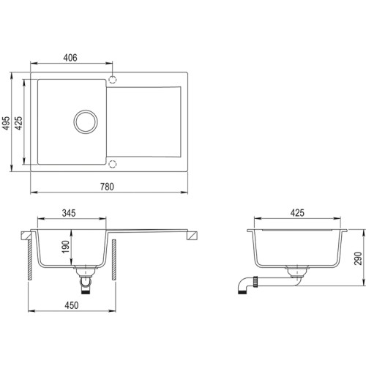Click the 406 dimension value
70,57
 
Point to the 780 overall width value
107,187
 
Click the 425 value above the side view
296,214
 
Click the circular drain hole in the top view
86,121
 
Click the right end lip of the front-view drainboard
194,235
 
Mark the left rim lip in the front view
28,236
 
